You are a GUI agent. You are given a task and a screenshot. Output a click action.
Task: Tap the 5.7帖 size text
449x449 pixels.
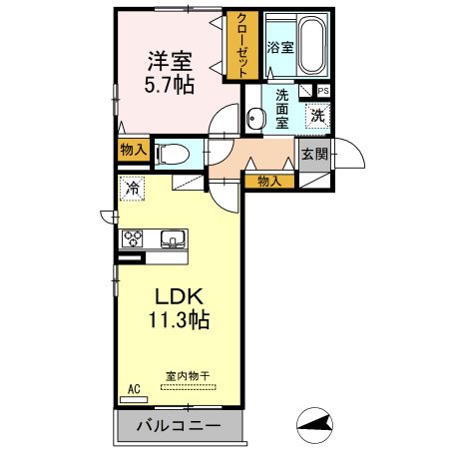(168, 85)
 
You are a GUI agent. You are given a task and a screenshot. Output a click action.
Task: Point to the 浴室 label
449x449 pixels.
(280, 47)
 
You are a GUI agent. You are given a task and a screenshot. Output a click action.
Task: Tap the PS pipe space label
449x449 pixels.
(322, 91)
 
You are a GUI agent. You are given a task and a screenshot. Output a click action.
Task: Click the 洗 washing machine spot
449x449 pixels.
(316, 114)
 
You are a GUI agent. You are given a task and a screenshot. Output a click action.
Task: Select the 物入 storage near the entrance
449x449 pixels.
(268, 181)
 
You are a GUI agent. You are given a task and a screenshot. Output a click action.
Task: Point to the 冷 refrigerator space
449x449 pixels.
(133, 188)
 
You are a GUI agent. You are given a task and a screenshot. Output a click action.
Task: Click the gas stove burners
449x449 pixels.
(134, 238)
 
